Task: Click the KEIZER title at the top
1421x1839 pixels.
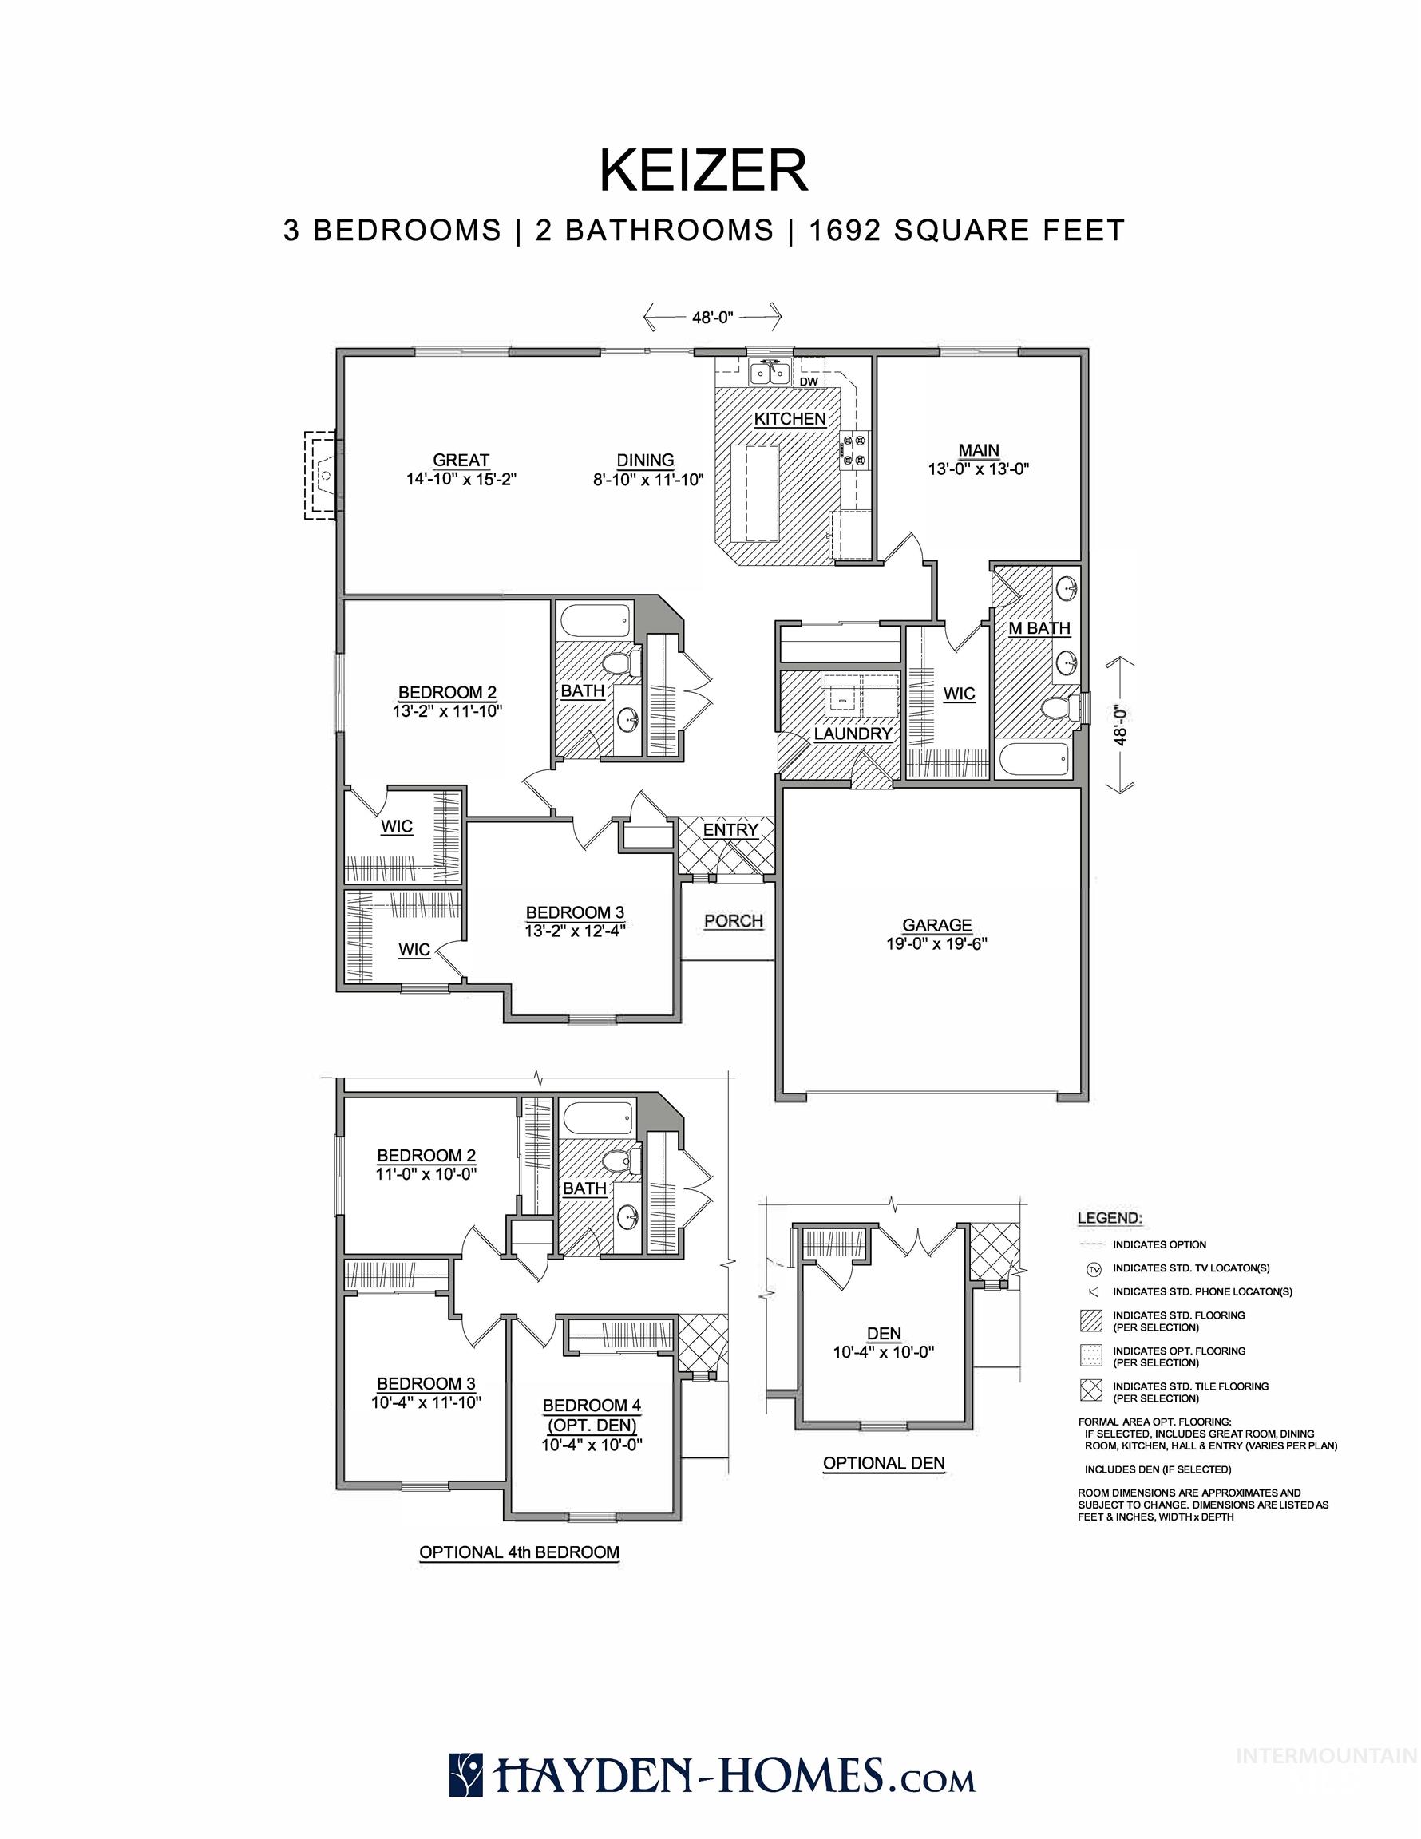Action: pos(703,171)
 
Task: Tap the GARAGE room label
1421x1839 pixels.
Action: pos(936,924)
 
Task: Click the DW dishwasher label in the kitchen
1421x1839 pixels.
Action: pos(809,382)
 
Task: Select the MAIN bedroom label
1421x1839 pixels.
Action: pos(978,450)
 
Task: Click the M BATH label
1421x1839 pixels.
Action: pos(1039,628)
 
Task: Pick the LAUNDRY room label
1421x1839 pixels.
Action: pos(853,734)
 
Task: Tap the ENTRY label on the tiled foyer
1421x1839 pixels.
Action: pos(730,830)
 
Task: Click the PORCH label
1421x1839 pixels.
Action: pos(734,921)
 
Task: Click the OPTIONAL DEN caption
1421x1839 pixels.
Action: pos(884,1463)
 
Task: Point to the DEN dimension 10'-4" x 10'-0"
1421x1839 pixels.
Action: pos(884,1352)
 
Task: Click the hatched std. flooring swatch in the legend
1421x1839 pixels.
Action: pos(1090,1321)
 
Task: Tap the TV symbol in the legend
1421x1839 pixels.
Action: pos(1094,1268)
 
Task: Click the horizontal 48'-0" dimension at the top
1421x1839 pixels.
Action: pos(713,317)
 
